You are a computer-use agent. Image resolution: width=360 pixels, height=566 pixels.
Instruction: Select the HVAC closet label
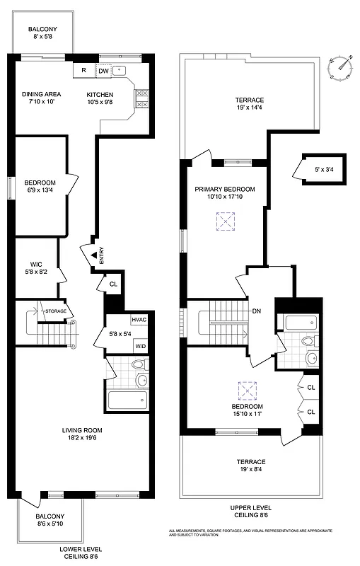tap(139, 320)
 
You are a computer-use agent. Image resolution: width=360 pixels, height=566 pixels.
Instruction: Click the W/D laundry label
tap(141, 346)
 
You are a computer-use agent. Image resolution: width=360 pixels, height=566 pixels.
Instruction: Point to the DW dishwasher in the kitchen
tap(103, 70)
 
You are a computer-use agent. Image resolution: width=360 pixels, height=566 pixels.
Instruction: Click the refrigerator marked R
tap(83, 70)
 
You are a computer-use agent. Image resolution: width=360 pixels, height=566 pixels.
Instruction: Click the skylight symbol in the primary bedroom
tap(225, 223)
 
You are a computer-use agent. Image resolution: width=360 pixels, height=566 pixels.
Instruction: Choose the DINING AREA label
tap(42, 94)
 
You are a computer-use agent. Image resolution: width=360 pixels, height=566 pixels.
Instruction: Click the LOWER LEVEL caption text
tap(81, 549)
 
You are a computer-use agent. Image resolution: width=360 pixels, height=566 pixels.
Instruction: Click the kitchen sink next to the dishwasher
tap(120, 70)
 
